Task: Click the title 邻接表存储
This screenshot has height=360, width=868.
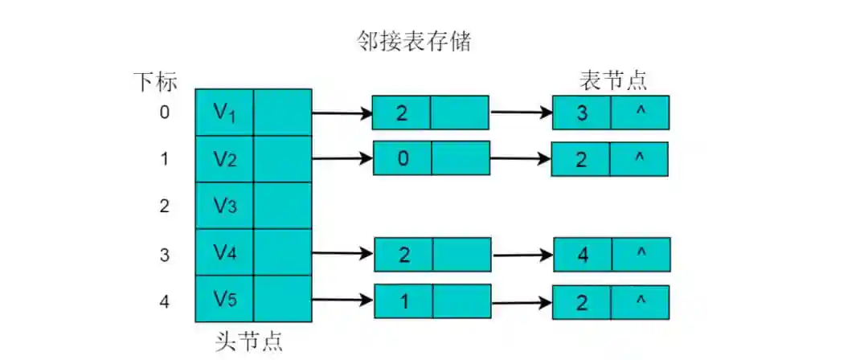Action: tap(414, 43)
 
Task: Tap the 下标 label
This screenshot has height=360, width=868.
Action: tap(155, 81)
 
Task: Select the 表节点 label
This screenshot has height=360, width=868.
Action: tap(613, 80)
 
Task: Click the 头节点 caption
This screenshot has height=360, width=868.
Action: tap(249, 341)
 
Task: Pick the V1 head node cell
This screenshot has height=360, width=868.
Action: tap(224, 112)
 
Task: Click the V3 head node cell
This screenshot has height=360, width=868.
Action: tap(224, 206)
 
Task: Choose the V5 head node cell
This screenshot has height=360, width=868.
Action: tap(224, 299)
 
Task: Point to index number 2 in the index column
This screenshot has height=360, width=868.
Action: tap(164, 206)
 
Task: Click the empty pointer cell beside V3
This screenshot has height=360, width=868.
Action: tap(282, 206)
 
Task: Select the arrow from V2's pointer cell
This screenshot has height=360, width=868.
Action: tap(342, 158)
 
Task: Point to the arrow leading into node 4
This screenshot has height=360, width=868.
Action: tap(522, 255)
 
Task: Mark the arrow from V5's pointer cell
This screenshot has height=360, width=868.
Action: tap(342, 301)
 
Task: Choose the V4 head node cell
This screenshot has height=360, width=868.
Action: tap(224, 253)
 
